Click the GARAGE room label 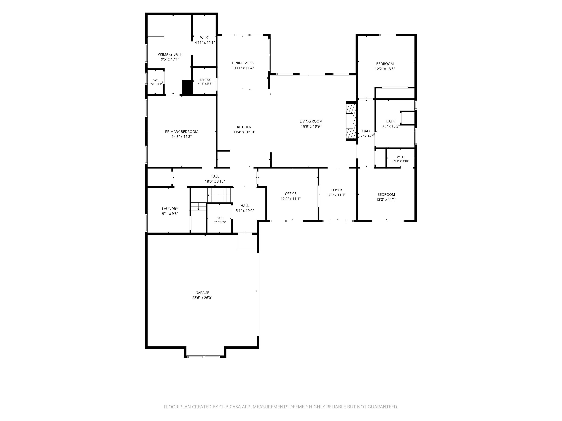(x=202, y=293)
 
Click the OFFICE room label (x=291, y=194)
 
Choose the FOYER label (x=337, y=190)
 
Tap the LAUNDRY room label (x=170, y=209)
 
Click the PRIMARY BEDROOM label (x=181, y=131)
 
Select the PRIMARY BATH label (x=170, y=54)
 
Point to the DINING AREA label (x=243, y=63)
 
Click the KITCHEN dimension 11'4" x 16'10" (x=244, y=132)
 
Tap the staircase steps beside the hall (x=218, y=195)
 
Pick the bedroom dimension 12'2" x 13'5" (x=385, y=69)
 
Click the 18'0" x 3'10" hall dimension (x=215, y=181)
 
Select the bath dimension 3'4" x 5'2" (x=156, y=84)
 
